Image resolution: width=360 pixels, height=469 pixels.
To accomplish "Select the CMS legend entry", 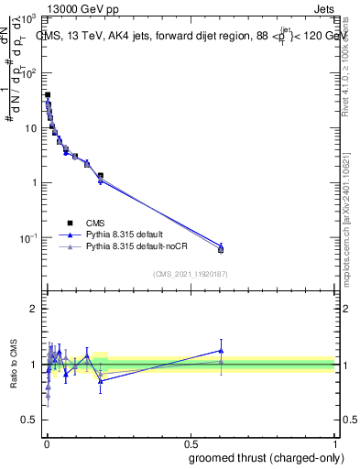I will pyautogui.click(x=95, y=223).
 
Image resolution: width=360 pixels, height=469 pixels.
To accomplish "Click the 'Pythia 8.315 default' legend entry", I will pyautogui.click(x=133, y=234).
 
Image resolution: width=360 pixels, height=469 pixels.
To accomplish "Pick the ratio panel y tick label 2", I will pyautogui.click(x=31, y=310).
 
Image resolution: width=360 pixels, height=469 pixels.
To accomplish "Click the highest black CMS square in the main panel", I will pyautogui.click(x=48, y=95).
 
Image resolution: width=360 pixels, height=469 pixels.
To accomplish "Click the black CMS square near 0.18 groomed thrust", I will pyautogui.click(x=101, y=175).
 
